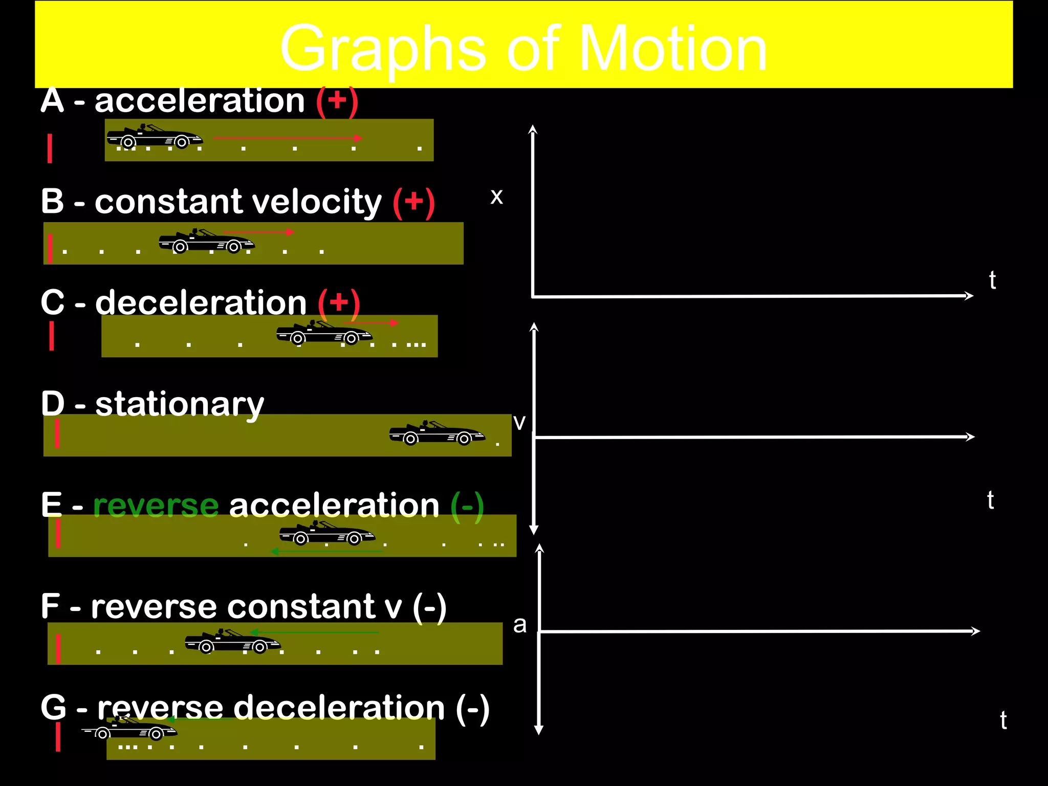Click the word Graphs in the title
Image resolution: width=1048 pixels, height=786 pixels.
pyautogui.click(x=383, y=50)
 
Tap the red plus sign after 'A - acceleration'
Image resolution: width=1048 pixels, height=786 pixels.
pyautogui.click(x=337, y=100)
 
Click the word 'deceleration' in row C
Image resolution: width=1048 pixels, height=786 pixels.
pyautogui.click(x=201, y=303)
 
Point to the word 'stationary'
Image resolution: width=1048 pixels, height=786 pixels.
pyautogui.click(x=179, y=405)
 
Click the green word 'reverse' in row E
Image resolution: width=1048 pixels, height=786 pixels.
pyautogui.click(x=156, y=506)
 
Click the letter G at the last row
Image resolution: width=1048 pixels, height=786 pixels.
pyautogui.click(x=53, y=708)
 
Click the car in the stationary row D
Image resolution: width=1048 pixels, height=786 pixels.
pyautogui.click(x=436, y=433)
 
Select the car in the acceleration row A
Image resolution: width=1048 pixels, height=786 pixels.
pyautogui.click(x=154, y=136)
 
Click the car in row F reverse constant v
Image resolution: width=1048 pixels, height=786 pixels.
pyautogui.click(x=232, y=642)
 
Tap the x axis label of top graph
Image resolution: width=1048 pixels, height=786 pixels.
pyautogui.click(x=496, y=196)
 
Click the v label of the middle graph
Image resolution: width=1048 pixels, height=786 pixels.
pyautogui.click(x=519, y=423)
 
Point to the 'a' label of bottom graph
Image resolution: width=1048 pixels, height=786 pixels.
pyautogui.click(x=519, y=625)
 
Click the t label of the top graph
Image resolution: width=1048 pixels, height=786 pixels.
pyautogui.click(x=992, y=280)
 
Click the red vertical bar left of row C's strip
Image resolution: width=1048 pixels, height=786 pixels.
pyautogui.click(x=52, y=336)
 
